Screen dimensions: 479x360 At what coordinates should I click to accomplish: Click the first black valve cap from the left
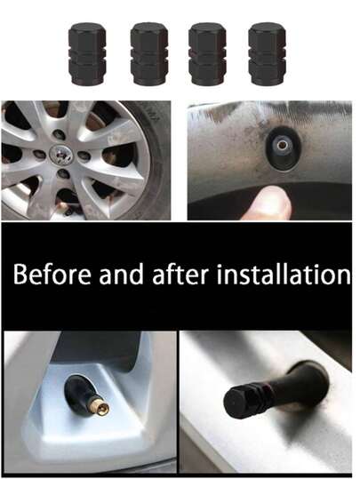[x=87, y=52]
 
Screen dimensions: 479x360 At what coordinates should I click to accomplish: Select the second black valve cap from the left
[x=148, y=52]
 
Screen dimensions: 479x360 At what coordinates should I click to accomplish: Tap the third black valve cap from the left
[x=208, y=52]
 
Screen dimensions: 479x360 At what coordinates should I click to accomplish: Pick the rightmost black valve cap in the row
[x=267, y=52]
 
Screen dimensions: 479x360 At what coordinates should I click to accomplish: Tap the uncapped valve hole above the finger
[x=280, y=145]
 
